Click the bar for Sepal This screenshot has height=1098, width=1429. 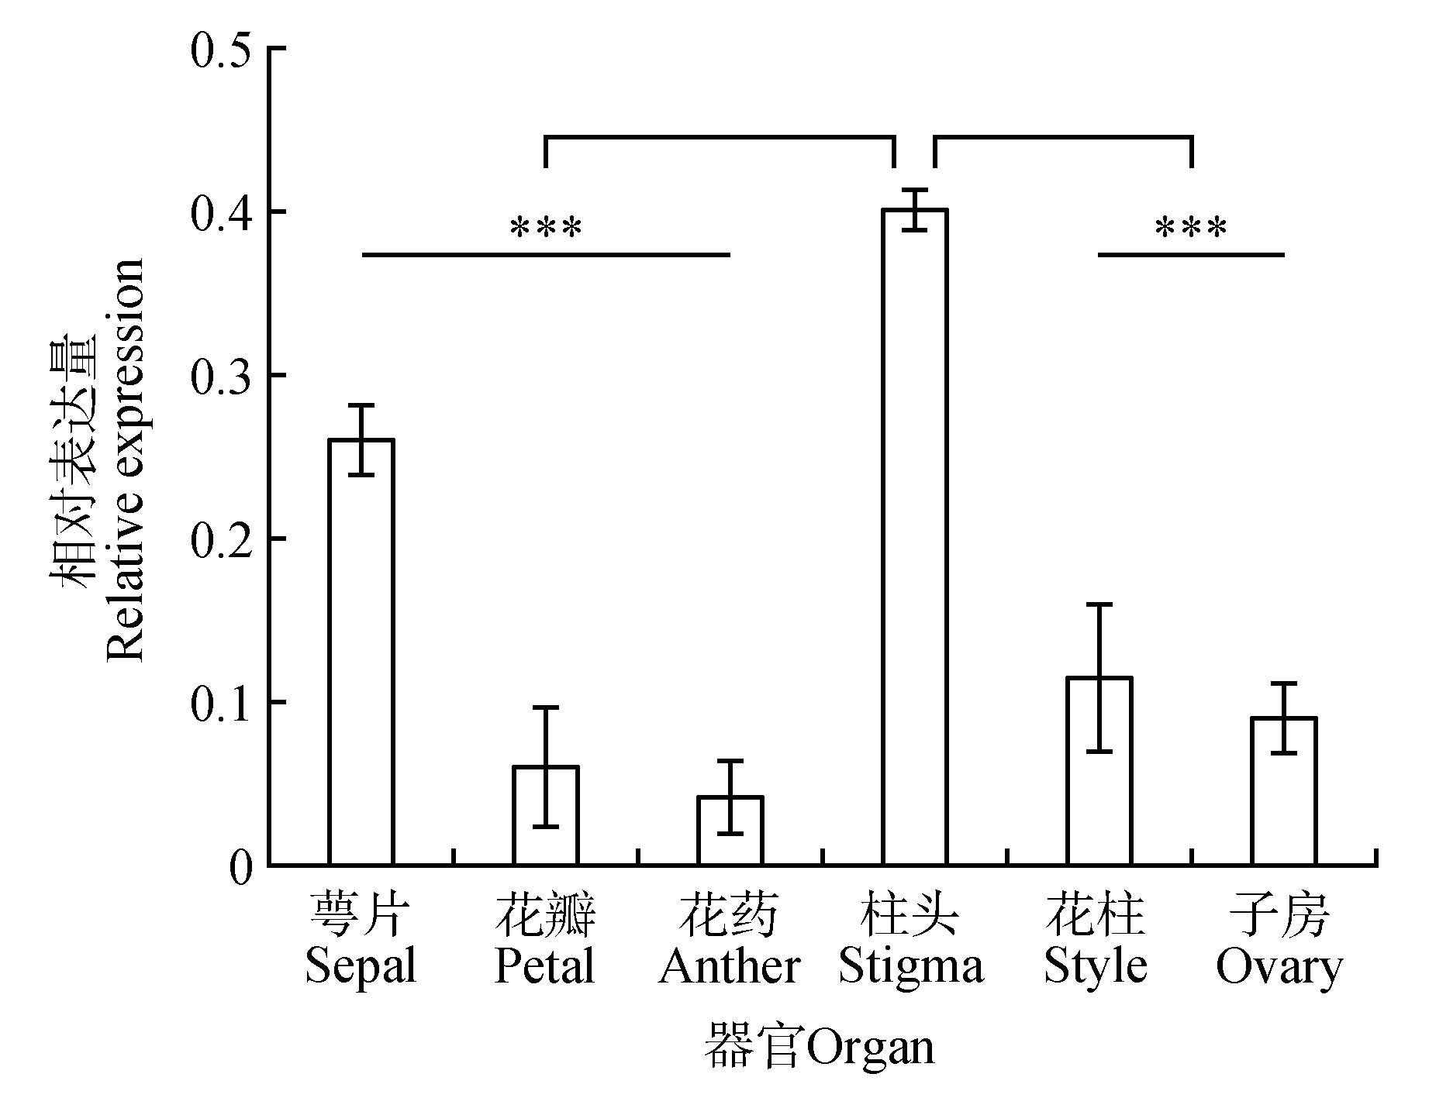(x=361, y=651)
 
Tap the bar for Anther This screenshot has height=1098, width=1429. (x=730, y=830)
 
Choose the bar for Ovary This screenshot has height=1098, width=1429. (x=1284, y=791)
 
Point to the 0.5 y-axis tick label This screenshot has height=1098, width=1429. (x=221, y=49)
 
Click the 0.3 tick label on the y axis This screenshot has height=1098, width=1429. (x=221, y=376)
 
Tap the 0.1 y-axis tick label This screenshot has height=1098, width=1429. (x=221, y=703)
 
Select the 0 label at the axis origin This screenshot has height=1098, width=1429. (x=241, y=867)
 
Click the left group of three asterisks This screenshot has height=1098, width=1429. (x=545, y=229)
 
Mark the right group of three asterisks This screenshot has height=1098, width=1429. (x=1191, y=229)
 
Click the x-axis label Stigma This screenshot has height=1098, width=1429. (x=912, y=966)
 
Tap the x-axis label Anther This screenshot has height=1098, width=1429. (x=730, y=966)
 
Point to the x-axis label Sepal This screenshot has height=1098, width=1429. (x=361, y=966)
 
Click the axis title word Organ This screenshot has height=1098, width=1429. (x=871, y=1048)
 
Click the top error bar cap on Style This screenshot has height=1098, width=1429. (x=1099, y=604)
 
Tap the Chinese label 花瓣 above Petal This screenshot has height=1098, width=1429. (x=545, y=915)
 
